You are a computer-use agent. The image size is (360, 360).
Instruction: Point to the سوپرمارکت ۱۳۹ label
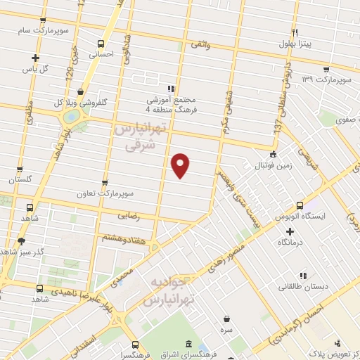pyautogui.click(x=326, y=78)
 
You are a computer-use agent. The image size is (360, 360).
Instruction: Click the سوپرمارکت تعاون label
pyautogui.click(x=105, y=192)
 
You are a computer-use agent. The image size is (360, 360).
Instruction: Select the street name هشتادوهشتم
pyautogui.click(x=127, y=239)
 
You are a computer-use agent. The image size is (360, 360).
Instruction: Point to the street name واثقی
pyautogui.click(x=200, y=44)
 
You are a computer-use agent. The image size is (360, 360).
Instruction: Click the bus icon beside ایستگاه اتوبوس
pyautogui.click(x=300, y=205)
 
